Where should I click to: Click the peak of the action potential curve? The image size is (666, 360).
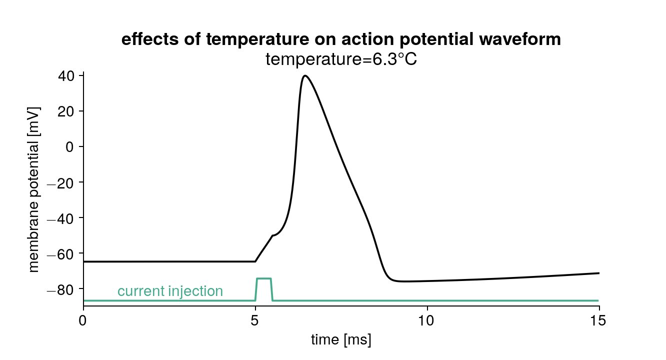pyautogui.click(x=304, y=76)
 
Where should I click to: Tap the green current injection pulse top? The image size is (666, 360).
pyautogui.click(x=263, y=278)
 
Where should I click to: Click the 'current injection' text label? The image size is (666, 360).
pyautogui.click(x=170, y=291)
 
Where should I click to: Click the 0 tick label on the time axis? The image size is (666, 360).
pyautogui.click(x=83, y=319)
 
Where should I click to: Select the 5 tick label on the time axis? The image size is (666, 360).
pyautogui.click(x=255, y=319)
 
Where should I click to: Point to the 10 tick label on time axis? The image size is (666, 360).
pyautogui.click(x=427, y=319)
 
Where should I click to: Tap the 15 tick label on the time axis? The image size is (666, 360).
pyautogui.click(x=599, y=319)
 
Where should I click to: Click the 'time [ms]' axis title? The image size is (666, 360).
pyautogui.click(x=341, y=340)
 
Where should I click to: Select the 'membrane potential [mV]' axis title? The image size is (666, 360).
pyautogui.click(x=34, y=189)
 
